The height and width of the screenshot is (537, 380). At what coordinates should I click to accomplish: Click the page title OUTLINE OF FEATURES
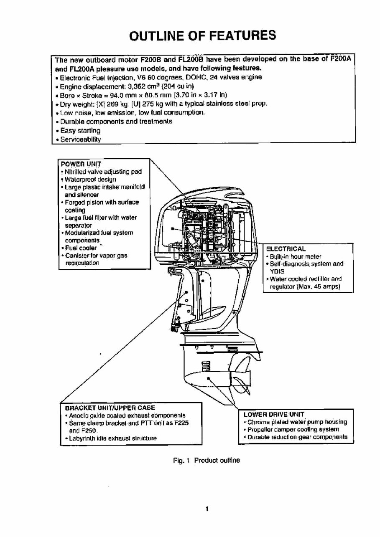203,35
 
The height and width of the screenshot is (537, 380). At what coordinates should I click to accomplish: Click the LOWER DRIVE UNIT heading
273,414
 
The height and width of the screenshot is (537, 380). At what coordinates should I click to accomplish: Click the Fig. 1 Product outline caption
207,461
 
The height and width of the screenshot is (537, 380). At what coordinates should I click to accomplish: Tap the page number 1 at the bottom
207,509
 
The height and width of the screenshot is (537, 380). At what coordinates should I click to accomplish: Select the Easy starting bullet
78,131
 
